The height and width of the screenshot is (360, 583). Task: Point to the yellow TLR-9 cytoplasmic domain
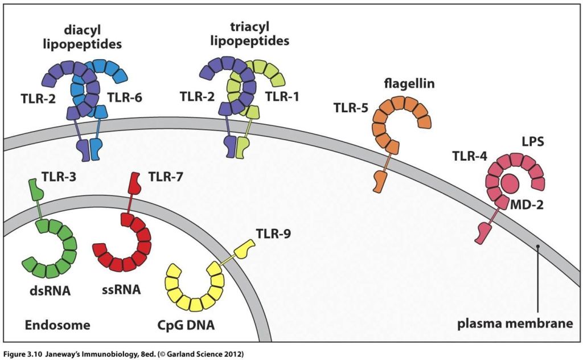click(246, 250)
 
